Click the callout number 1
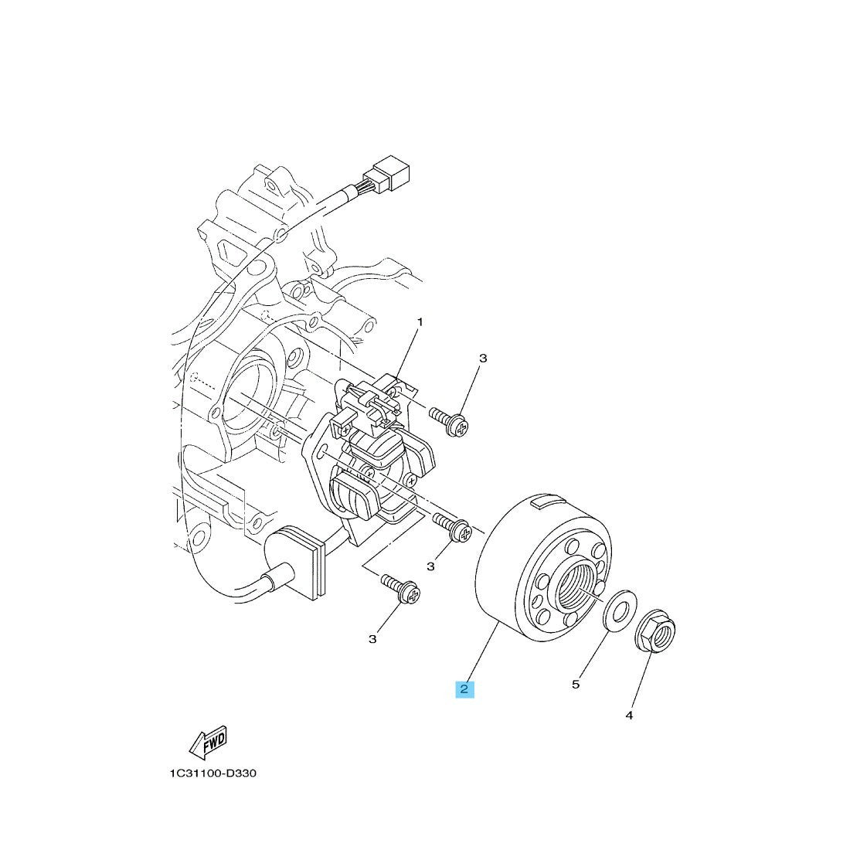[420, 322]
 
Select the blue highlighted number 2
[464, 689]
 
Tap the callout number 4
[629, 716]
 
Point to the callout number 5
[576, 685]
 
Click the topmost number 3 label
[483, 359]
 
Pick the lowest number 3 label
[372, 640]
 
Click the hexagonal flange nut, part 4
[654, 633]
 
